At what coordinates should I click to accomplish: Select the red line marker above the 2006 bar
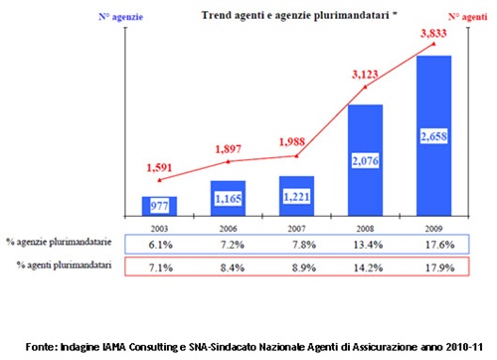pos(227,161)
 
